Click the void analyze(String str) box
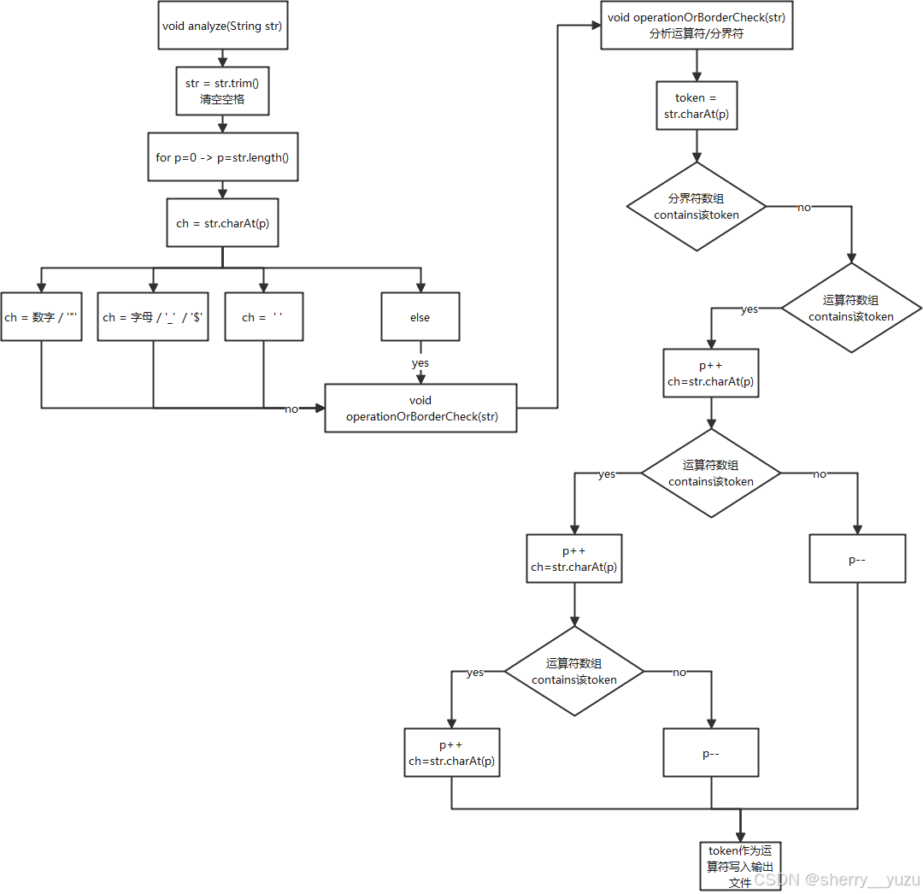click(222, 26)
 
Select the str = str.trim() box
click(222, 91)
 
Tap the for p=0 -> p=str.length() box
click(222, 157)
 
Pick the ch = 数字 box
click(41, 317)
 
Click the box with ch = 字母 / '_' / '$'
click(153, 317)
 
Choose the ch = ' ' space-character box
click(263, 317)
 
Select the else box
click(420, 317)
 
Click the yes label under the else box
click(420, 362)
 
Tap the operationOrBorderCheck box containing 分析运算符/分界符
click(697, 26)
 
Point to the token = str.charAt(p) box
click(697, 106)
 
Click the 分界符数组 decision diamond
click(697, 207)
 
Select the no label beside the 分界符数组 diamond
click(804, 207)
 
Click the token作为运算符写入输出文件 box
click(739, 865)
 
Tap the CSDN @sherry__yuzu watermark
click(836, 879)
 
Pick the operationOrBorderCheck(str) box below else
click(420, 409)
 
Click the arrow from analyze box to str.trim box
click(222, 58)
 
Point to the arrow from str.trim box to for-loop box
click(222, 124)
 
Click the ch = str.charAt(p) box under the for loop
click(222, 223)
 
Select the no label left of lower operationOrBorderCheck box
click(291, 409)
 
